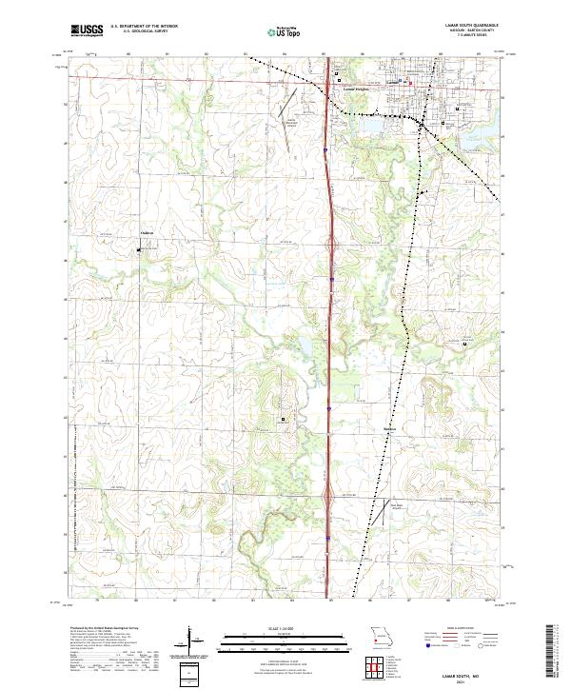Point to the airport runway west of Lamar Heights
pyautogui.click(x=287, y=110)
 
